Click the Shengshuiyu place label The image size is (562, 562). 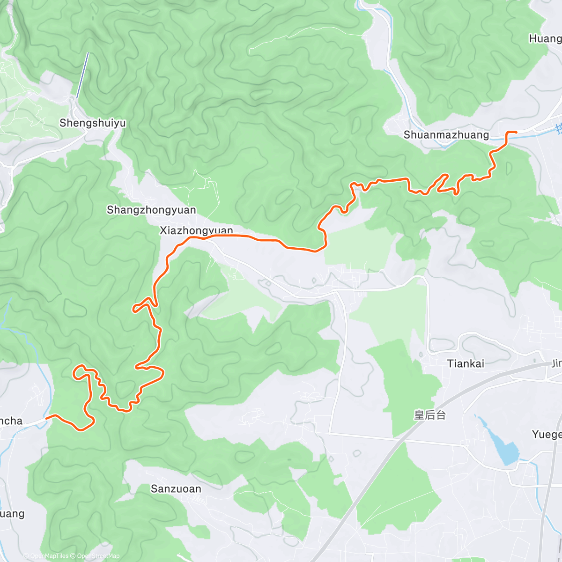[93, 123]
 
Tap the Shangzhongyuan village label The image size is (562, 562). [151, 210]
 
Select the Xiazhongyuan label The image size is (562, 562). [196, 230]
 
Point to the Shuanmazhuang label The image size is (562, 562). [446, 135]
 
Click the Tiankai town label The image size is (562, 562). [466, 363]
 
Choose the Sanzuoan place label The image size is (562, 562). [176, 489]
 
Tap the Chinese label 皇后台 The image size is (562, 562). [430, 414]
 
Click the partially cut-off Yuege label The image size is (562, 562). [547, 435]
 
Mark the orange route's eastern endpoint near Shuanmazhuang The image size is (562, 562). [516, 133]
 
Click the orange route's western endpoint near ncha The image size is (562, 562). [46, 416]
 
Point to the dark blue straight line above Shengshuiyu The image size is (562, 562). [82, 75]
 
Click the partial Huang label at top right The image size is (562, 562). [545, 39]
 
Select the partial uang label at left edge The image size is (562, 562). [12, 514]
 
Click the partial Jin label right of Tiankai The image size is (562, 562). [556, 363]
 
